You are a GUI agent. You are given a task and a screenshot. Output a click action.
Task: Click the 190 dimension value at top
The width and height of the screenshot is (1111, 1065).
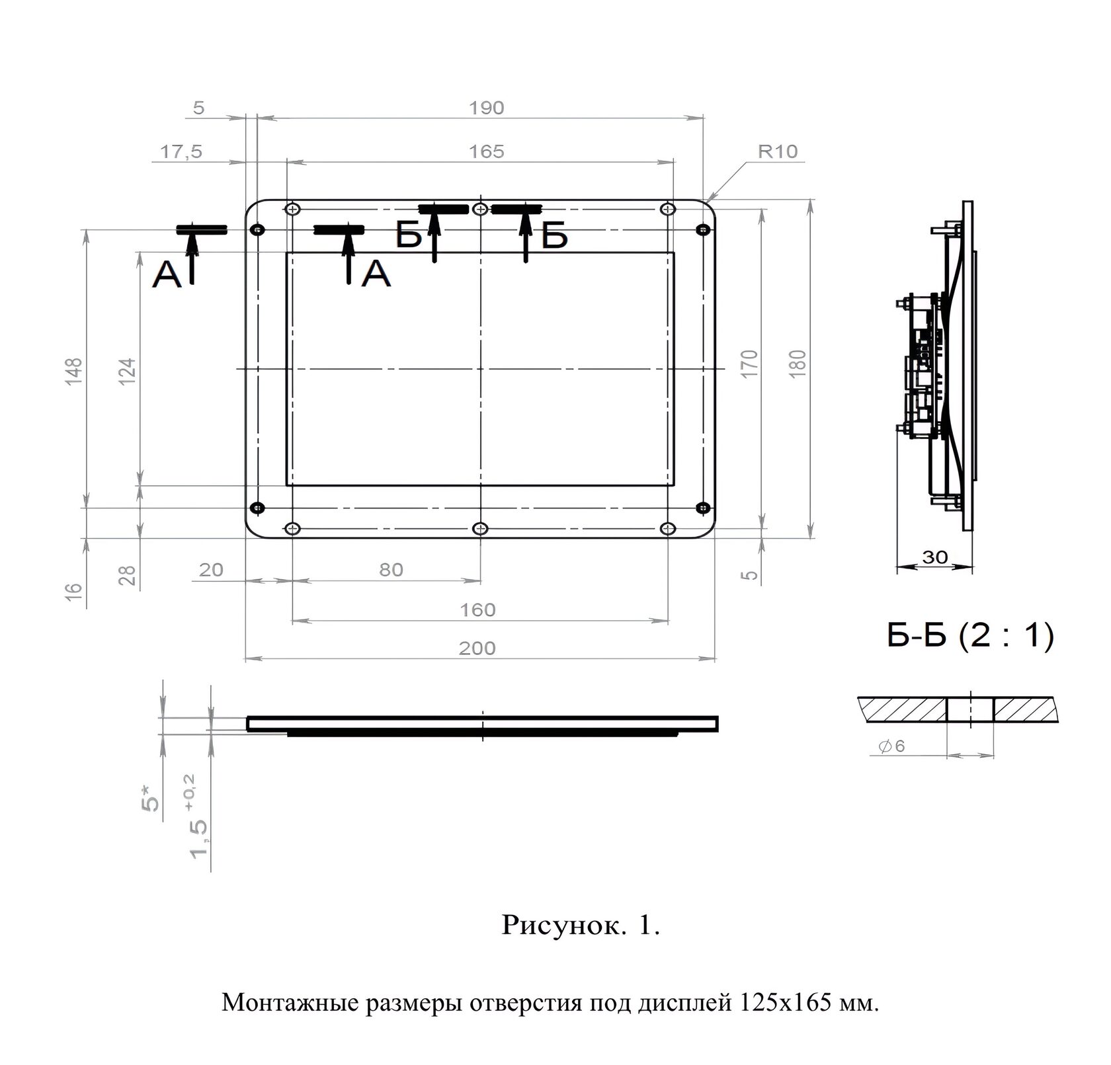(487, 108)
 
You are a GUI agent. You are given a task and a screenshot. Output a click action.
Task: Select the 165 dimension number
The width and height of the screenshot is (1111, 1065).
(487, 151)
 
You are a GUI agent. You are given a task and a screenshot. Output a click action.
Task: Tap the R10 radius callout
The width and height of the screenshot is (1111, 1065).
(778, 151)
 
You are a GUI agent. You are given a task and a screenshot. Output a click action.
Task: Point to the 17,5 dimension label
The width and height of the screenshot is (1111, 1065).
(181, 151)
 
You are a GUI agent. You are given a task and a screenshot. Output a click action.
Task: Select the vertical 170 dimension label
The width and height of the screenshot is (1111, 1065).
(749, 364)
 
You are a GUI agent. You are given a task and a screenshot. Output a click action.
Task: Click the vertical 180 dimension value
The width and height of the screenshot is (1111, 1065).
(798, 364)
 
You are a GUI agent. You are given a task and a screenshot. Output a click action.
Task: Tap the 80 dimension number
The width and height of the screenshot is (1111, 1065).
(391, 570)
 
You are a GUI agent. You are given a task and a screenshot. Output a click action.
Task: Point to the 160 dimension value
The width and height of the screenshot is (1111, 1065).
(477, 610)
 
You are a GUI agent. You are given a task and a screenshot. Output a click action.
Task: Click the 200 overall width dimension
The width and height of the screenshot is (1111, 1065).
(477, 649)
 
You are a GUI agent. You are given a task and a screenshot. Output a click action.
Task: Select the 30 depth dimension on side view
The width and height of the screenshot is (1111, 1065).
(935, 557)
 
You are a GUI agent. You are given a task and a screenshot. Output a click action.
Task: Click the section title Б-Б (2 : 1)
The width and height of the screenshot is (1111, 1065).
(969, 637)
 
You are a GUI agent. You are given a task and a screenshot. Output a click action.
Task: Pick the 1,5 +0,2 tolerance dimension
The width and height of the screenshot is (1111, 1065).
(199, 817)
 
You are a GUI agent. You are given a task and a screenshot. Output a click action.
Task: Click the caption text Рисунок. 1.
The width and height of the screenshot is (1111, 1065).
(581, 926)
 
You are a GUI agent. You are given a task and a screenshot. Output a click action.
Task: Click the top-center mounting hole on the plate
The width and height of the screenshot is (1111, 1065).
(481, 210)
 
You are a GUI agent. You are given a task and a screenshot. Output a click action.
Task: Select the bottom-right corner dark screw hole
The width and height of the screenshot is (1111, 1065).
(703, 508)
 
